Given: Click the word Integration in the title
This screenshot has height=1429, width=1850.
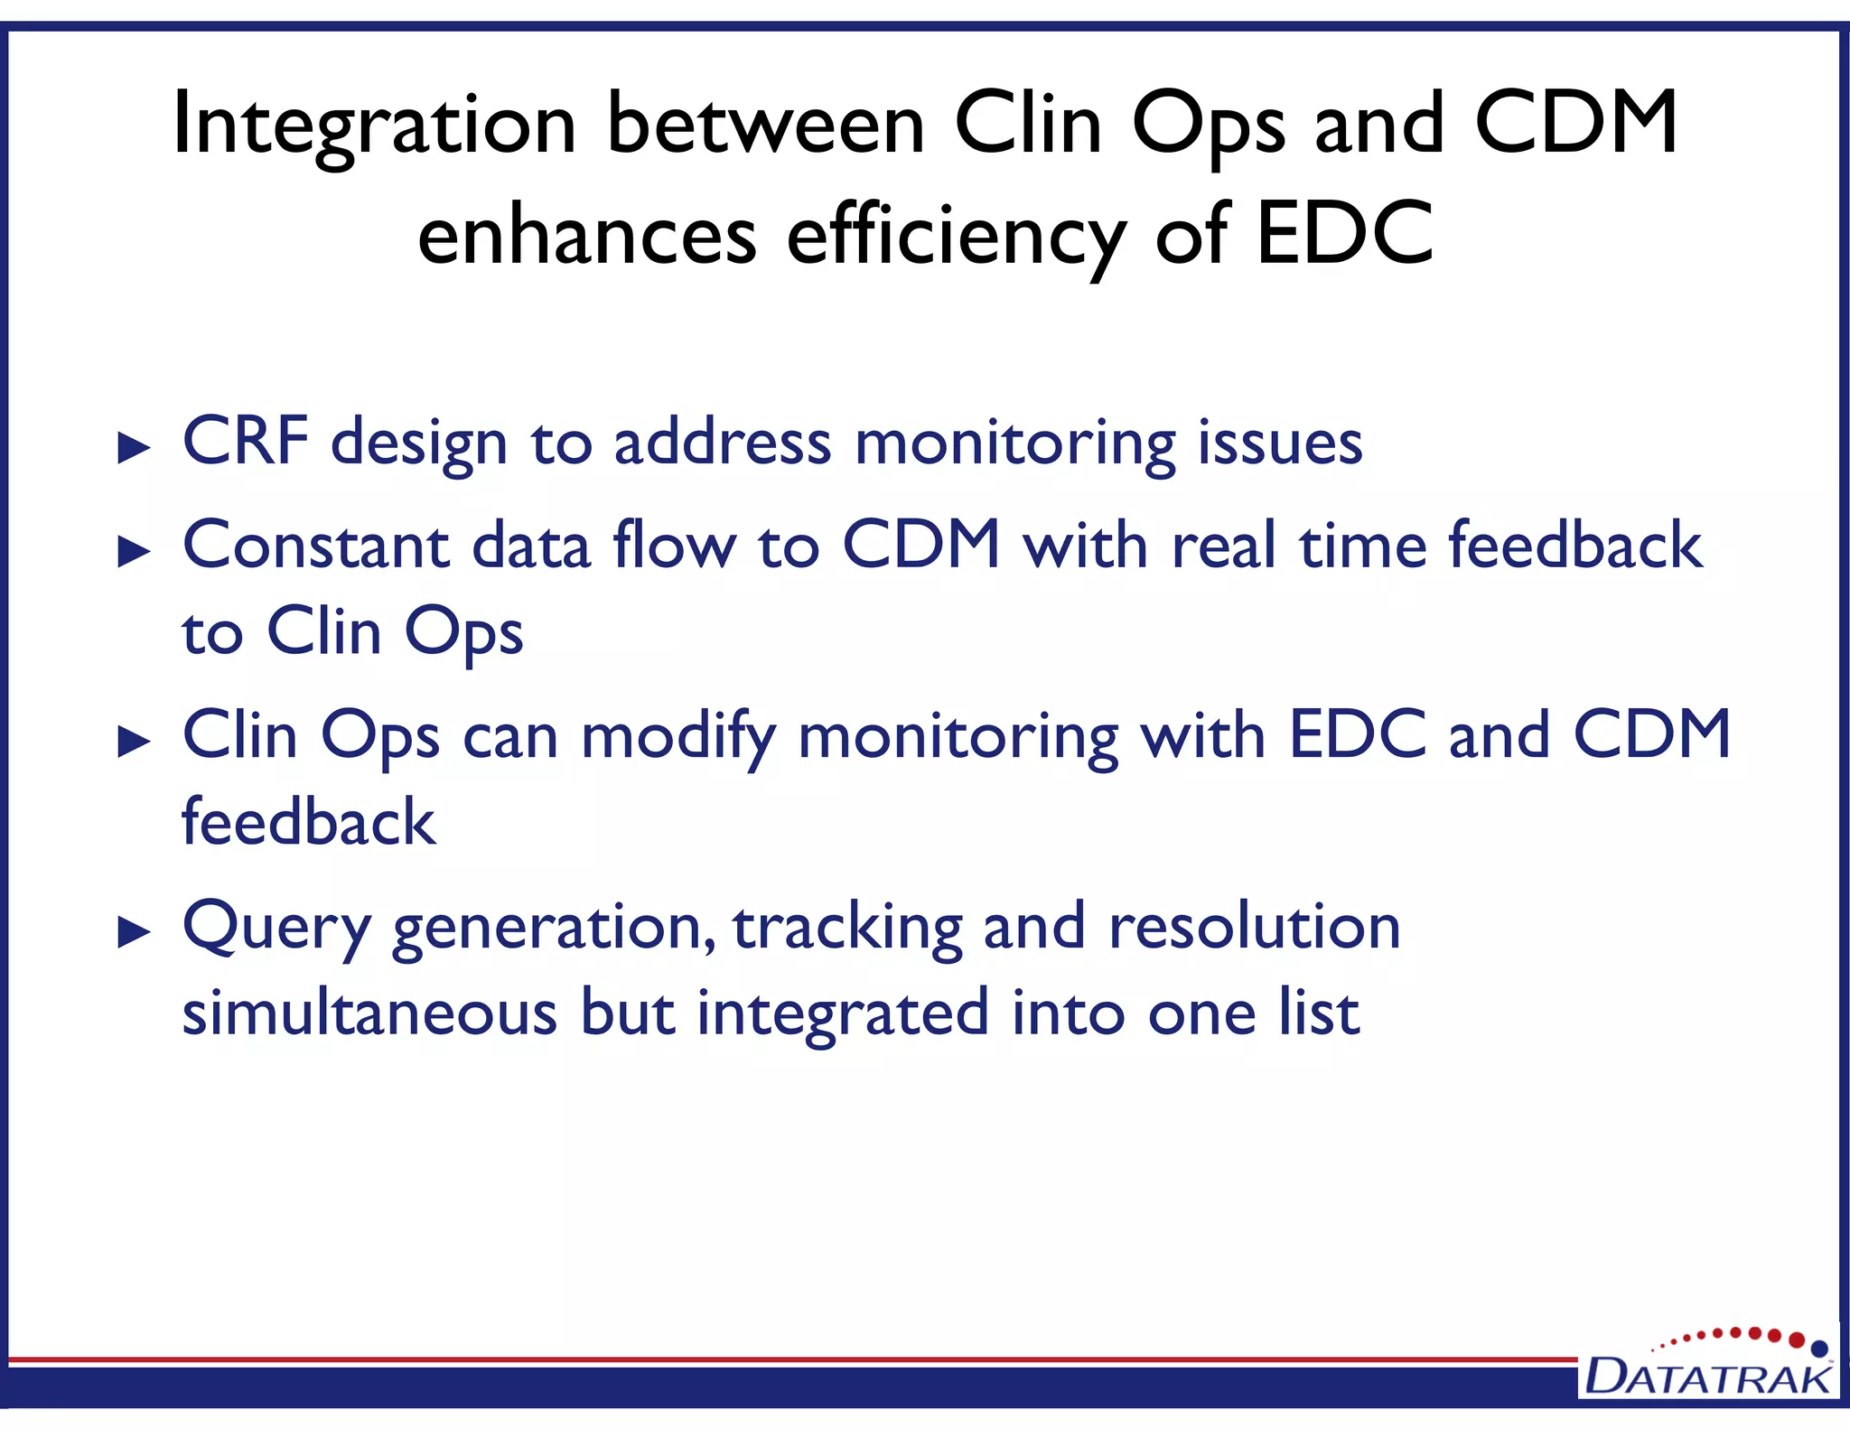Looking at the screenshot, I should coord(373,125).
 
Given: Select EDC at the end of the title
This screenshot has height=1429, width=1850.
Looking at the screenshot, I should coord(1344,234).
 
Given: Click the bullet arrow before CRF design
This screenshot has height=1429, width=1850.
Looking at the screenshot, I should coord(134,448).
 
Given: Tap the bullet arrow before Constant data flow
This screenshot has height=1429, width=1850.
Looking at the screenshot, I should coord(134,551).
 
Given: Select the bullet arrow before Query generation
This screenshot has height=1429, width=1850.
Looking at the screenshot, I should coord(134,932).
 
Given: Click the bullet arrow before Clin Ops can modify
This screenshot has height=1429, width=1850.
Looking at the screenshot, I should coord(134,742).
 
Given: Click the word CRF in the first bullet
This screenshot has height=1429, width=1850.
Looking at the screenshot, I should coord(246,442).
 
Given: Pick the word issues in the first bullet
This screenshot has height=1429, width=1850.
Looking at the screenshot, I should coord(1280,444).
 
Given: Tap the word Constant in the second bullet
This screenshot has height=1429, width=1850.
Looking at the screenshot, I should coord(316,546).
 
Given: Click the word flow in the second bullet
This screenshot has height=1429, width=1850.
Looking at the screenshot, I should coord(674,546).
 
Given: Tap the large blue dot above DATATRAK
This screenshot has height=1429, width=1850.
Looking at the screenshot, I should coord(1819,1349).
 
